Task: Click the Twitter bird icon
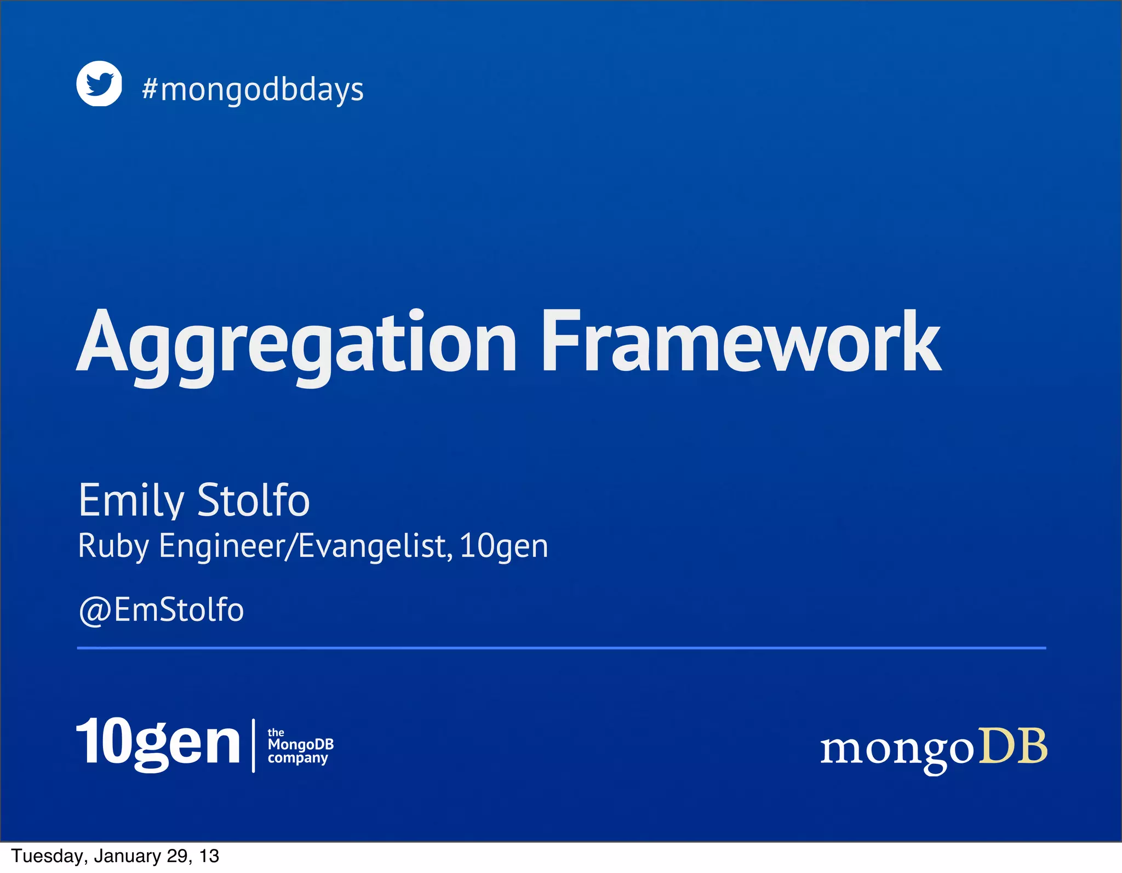99,83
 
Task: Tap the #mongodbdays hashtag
253,90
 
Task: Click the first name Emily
131,500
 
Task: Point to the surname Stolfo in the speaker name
253,500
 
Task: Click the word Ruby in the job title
113,546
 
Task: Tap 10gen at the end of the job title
503,546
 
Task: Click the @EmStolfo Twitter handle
161,610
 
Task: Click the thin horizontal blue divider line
561,648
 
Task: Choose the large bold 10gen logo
158,743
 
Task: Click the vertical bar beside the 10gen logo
253,745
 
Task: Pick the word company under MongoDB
297,758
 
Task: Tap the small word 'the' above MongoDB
276,733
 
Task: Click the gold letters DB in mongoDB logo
1013,746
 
